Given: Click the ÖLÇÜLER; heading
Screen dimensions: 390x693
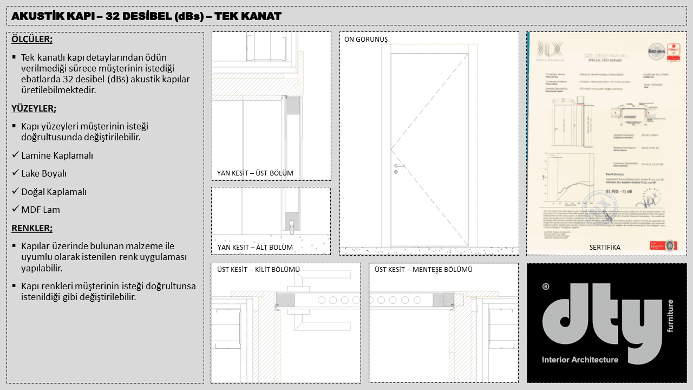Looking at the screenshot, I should [32, 40].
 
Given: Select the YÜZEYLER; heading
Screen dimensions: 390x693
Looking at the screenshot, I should [34, 108].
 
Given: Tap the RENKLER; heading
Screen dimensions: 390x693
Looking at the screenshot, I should [32, 228].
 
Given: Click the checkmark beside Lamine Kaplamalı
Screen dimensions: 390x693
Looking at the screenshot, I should [16, 155].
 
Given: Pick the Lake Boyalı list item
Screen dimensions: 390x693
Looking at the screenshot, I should [44, 174].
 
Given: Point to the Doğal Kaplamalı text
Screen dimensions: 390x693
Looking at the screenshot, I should [54, 192].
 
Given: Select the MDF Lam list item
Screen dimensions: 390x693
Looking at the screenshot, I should [40, 210].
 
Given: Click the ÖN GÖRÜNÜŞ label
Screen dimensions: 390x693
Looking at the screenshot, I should [366, 40].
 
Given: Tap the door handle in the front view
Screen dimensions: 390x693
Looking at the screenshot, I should [399, 165].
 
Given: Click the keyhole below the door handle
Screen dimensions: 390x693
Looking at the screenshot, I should [396, 172].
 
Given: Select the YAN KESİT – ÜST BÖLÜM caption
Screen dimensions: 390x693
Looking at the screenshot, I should [255, 173].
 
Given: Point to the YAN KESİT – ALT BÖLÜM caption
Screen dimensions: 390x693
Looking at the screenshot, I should [254, 248].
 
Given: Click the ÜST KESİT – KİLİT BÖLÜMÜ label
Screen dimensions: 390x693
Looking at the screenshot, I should [258, 270].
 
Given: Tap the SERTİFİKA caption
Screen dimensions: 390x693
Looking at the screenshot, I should [605, 248].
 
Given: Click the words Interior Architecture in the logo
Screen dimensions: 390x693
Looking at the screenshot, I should [580, 360].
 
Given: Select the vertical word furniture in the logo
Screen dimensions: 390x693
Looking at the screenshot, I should [670, 316].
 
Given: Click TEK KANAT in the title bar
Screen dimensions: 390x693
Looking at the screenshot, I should [248, 16].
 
